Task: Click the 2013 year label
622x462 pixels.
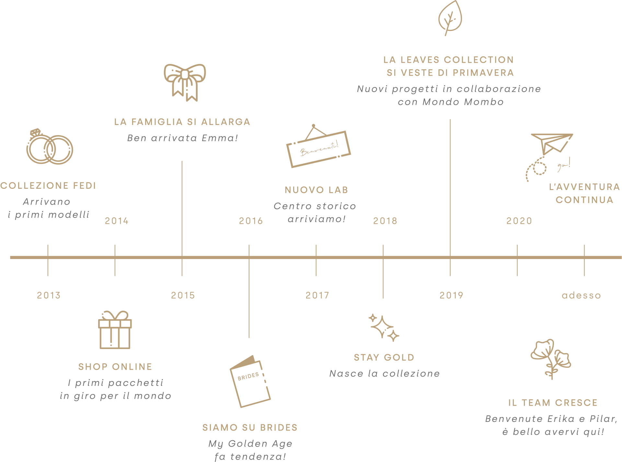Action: [49, 295]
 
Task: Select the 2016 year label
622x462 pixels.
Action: [251, 221]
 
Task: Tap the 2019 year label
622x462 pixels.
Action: [451, 295]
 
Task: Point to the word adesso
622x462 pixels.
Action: [581, 295]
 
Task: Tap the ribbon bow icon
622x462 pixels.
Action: [185, 83]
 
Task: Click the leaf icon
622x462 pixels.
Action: [450, 18]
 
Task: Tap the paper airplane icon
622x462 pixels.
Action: [552, 144]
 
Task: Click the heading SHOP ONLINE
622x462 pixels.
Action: [115, 366]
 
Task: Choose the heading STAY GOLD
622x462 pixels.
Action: [384, 357]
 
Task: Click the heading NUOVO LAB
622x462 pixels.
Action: [317, 190]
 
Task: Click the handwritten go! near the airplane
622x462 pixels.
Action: [564, 165]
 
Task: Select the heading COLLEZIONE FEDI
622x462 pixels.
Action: [48, 186]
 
